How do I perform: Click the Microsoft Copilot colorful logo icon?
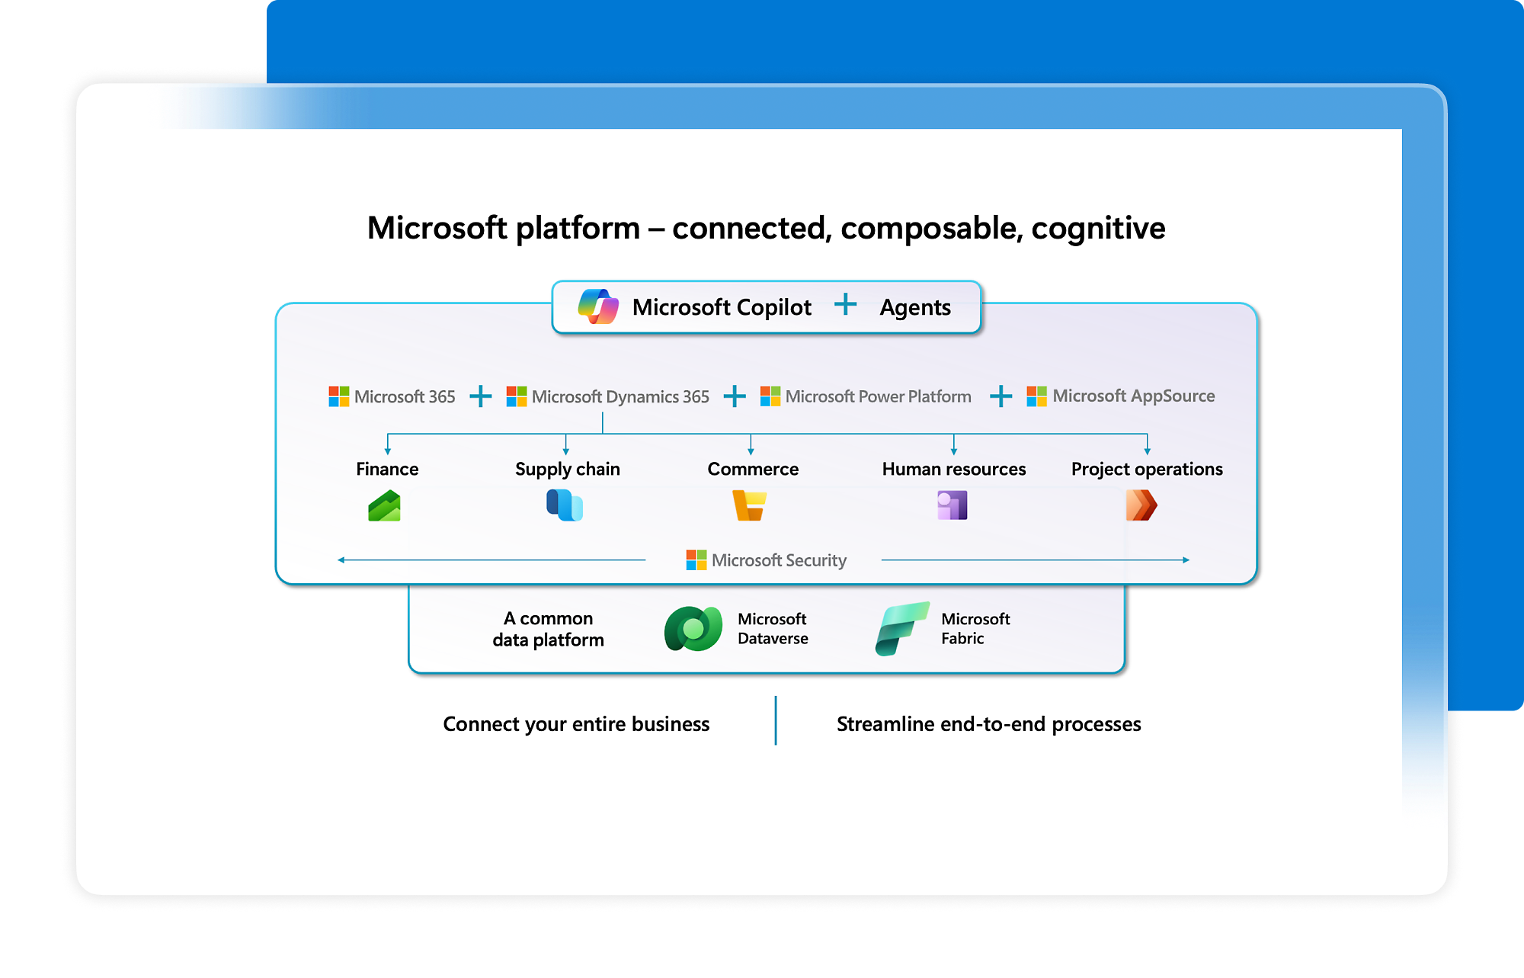(598, 306)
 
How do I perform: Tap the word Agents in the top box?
(914, 307)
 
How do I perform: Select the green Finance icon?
(384, 506)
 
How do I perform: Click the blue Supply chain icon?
(565, 505)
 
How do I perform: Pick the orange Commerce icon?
(749, 505)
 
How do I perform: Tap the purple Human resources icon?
(952, 505)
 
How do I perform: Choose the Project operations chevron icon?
(1141, 505)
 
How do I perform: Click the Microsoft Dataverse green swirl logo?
(693, 629)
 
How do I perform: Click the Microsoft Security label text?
(779, 560)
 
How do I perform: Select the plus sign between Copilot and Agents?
(845, 305)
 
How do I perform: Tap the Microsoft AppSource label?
(1133, 396)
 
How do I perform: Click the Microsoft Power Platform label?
(878, 396)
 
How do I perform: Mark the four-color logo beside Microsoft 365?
(338, 396)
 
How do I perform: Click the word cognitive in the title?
(1098, 228)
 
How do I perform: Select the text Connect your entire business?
(576, 723)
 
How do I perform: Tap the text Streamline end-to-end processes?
(988, 723)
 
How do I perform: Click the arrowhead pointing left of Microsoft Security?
(341, 560)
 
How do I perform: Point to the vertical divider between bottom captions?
(776, 720)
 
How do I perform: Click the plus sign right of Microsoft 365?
(480, 396)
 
